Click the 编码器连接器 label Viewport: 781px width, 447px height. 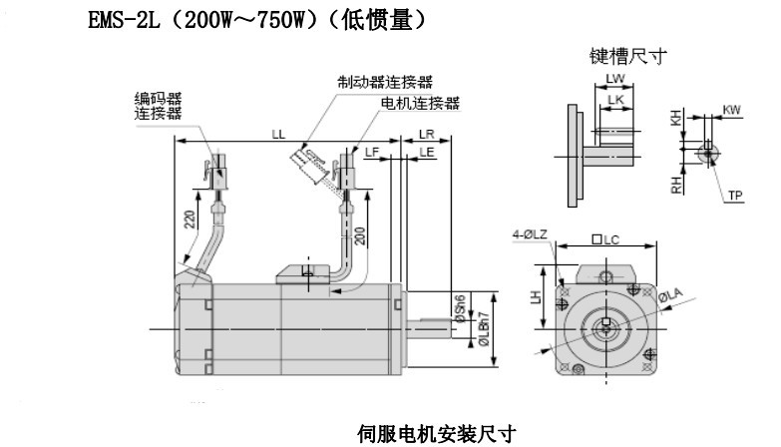162,105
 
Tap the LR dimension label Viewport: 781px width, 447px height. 426,133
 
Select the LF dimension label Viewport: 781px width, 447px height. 373,152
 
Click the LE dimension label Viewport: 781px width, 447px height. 426,152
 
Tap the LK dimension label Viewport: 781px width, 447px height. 617,100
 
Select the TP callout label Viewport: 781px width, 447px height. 735,196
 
